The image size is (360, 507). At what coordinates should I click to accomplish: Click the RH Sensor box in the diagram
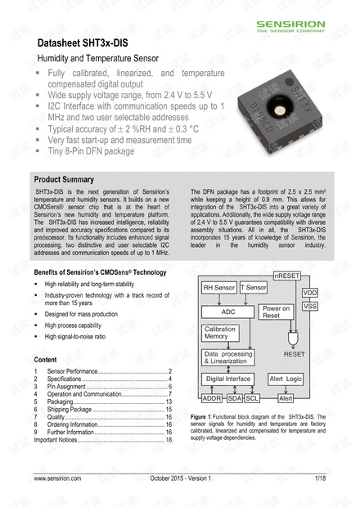tap(218, 289)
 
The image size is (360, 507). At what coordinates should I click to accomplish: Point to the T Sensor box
tap(254, 289)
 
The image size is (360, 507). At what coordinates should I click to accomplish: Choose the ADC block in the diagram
tap(227, 312)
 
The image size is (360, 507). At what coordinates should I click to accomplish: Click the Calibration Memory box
tap(223, 332)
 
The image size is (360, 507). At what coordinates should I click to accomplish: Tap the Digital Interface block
tap(228, 379)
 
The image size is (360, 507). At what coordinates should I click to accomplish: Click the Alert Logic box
tap(287, 379)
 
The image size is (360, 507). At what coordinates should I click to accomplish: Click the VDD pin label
tap(310, 292)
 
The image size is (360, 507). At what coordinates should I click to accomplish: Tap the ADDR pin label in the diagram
tap(211, 398)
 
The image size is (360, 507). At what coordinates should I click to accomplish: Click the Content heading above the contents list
tap(46, 359)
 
